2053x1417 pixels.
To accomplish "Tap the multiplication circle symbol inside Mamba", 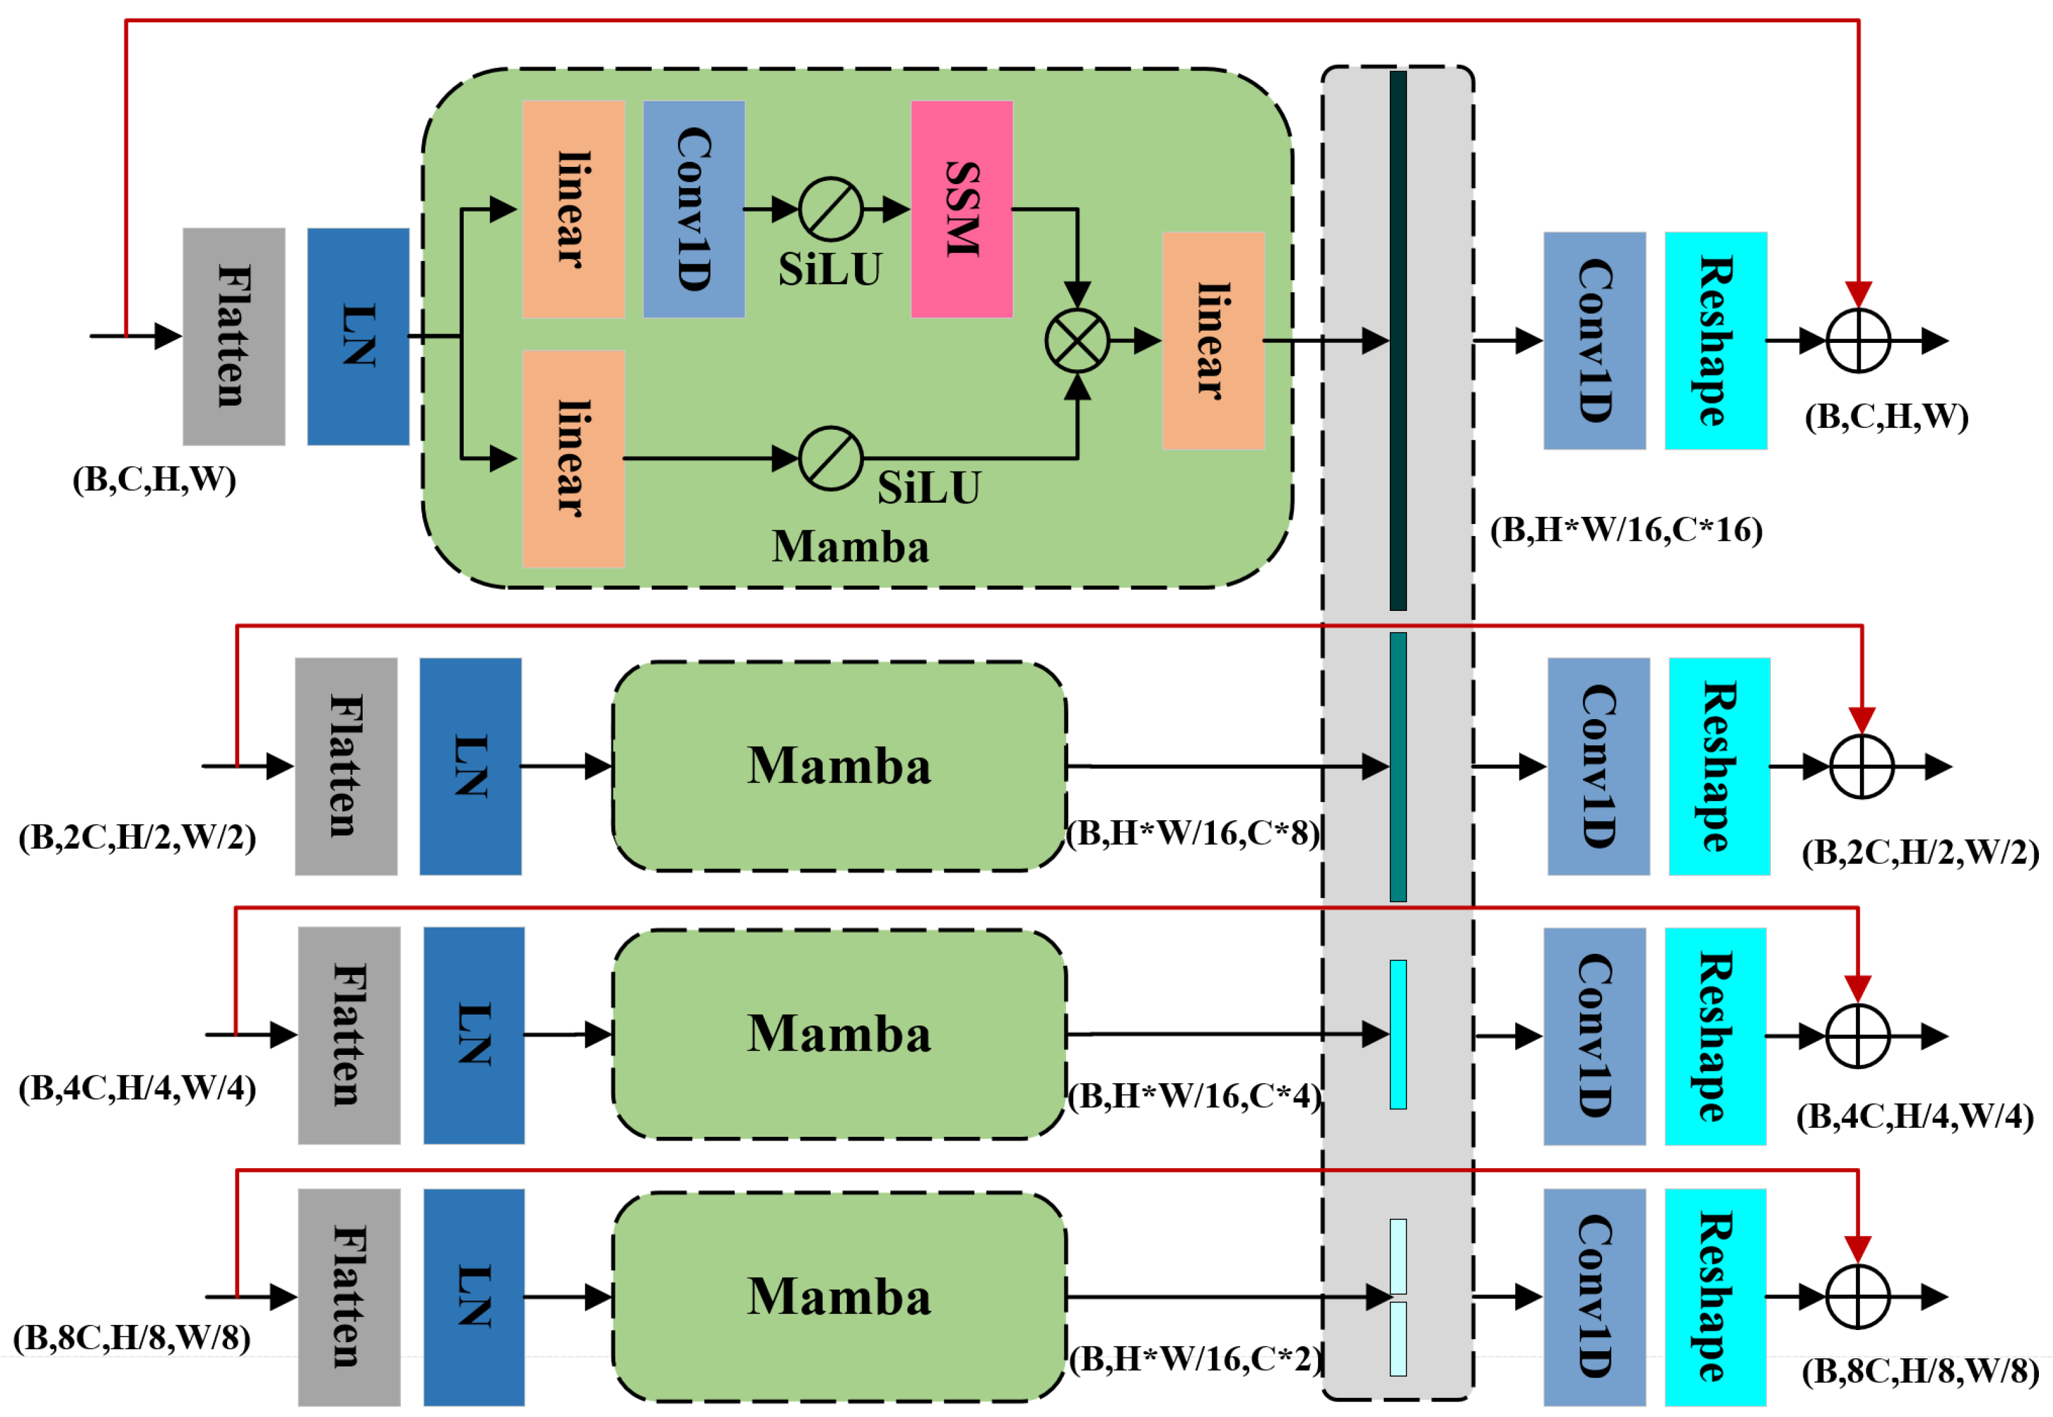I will click(x=1076, y=341).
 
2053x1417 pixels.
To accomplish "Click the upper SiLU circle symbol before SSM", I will click(x=830, y=210).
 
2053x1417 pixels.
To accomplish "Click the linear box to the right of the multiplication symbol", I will click(x=1213, y=340).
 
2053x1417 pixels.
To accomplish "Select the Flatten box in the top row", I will click(x=233, y=336).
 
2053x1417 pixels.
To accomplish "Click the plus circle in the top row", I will click(x=1858, y=341).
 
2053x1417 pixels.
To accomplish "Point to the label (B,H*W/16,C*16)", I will click(x=1625, y=530).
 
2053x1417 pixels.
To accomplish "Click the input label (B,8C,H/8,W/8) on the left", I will click(x=131, y=1337).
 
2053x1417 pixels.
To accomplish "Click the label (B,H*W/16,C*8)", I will click(x=1192, y=833).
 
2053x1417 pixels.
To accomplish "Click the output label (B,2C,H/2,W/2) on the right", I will click(x=1920, y=851).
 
